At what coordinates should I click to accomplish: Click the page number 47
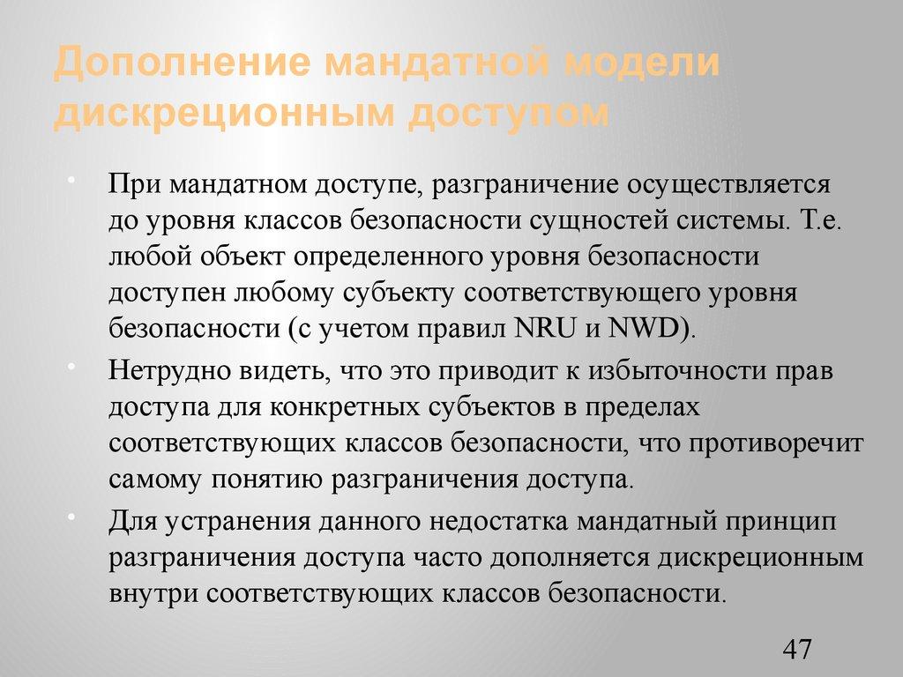796,651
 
